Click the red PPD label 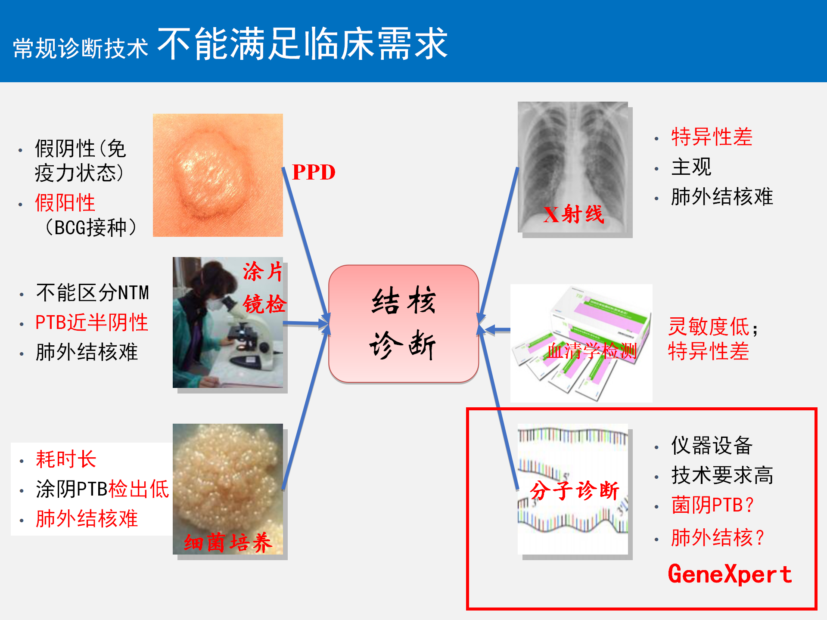[314, 172]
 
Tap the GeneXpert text [730, 574]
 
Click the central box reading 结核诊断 [404, 324]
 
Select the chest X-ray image [573, 167]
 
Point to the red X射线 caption [573, 214]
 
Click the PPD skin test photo [218, 175]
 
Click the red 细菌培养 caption [228, 542]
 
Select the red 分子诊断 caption [575, 490]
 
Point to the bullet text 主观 [691, 167]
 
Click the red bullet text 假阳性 [65, 202]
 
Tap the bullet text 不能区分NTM [93, 293]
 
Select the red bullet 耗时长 [66, 459]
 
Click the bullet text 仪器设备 [712, 445]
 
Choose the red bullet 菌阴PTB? [713, 505]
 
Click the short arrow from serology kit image [497, 330]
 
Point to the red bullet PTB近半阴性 [92, 322]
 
